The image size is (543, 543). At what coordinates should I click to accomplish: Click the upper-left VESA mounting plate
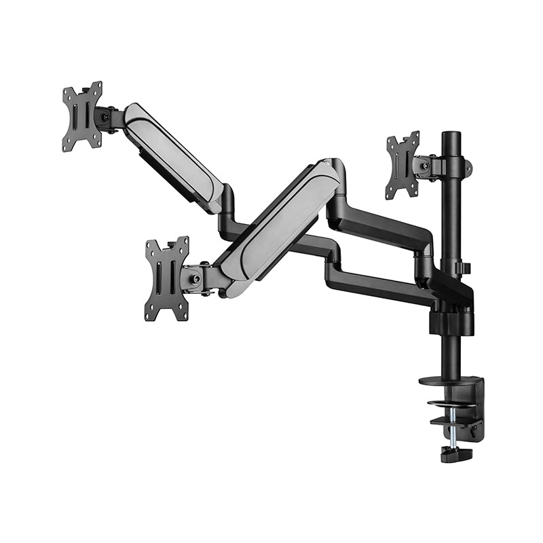(x=82, y=117)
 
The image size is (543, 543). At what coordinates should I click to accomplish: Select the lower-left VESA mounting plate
(x=166, y=279)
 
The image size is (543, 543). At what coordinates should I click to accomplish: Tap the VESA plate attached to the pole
(x=402, y=166)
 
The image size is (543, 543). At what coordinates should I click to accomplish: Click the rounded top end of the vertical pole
(x=450, y=136)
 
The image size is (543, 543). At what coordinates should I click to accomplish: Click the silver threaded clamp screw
(x=451, y=434)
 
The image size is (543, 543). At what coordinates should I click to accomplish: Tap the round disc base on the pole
(x=449, y=380)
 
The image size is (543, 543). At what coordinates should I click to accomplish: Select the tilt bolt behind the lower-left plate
(x=195, y=278)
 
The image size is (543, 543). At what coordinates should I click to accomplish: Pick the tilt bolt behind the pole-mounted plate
(x=425, y=166)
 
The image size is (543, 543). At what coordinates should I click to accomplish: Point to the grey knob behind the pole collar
(x=468, y=167)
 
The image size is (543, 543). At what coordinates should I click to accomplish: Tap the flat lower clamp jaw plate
(x=455, y=421)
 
